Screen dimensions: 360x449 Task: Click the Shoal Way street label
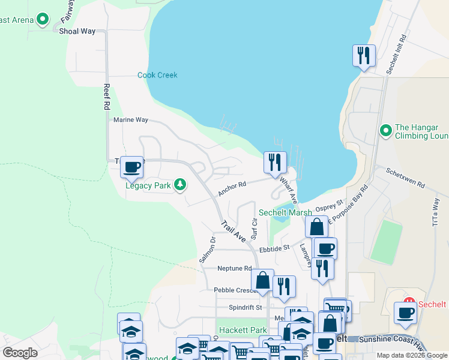pos(77,31)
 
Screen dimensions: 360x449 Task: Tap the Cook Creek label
pos(157,75)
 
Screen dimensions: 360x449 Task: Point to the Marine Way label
pos(131,120)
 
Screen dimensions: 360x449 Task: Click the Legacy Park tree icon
pos(179,185)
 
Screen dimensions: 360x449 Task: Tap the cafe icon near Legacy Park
pos(131,167)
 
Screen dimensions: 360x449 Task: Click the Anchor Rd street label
pos(232,188)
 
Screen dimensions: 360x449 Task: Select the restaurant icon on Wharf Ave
pos(275,163)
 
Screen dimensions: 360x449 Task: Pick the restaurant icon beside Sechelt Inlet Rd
pos(364,56)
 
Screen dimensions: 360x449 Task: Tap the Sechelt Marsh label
pos(285,212)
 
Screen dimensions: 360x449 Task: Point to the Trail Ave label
pos(233,231)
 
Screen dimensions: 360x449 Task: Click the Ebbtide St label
pos(274,247)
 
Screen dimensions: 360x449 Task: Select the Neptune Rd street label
pos(234,268)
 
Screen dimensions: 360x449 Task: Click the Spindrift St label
pos(246,307)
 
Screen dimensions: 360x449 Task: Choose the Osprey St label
pos(330,206)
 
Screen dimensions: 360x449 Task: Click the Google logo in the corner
pos(20,352)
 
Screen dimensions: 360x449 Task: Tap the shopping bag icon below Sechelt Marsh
pos(316,227)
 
